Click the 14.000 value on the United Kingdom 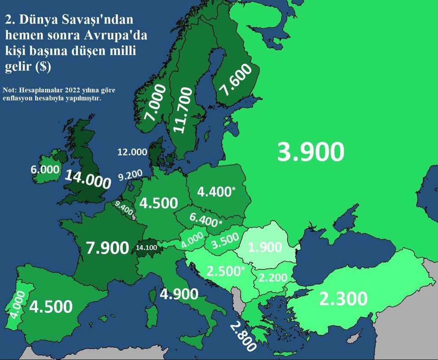[88, 179]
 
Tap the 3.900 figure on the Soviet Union [311, 152]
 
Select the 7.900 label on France [107, 248]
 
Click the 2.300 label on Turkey [343, 299]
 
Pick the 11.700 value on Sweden [185, 110]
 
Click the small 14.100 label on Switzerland [146, 247]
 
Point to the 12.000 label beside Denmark [132, 152]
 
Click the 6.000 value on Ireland [45, 169]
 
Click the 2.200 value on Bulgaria [273, 278]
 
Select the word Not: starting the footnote [10, 90]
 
